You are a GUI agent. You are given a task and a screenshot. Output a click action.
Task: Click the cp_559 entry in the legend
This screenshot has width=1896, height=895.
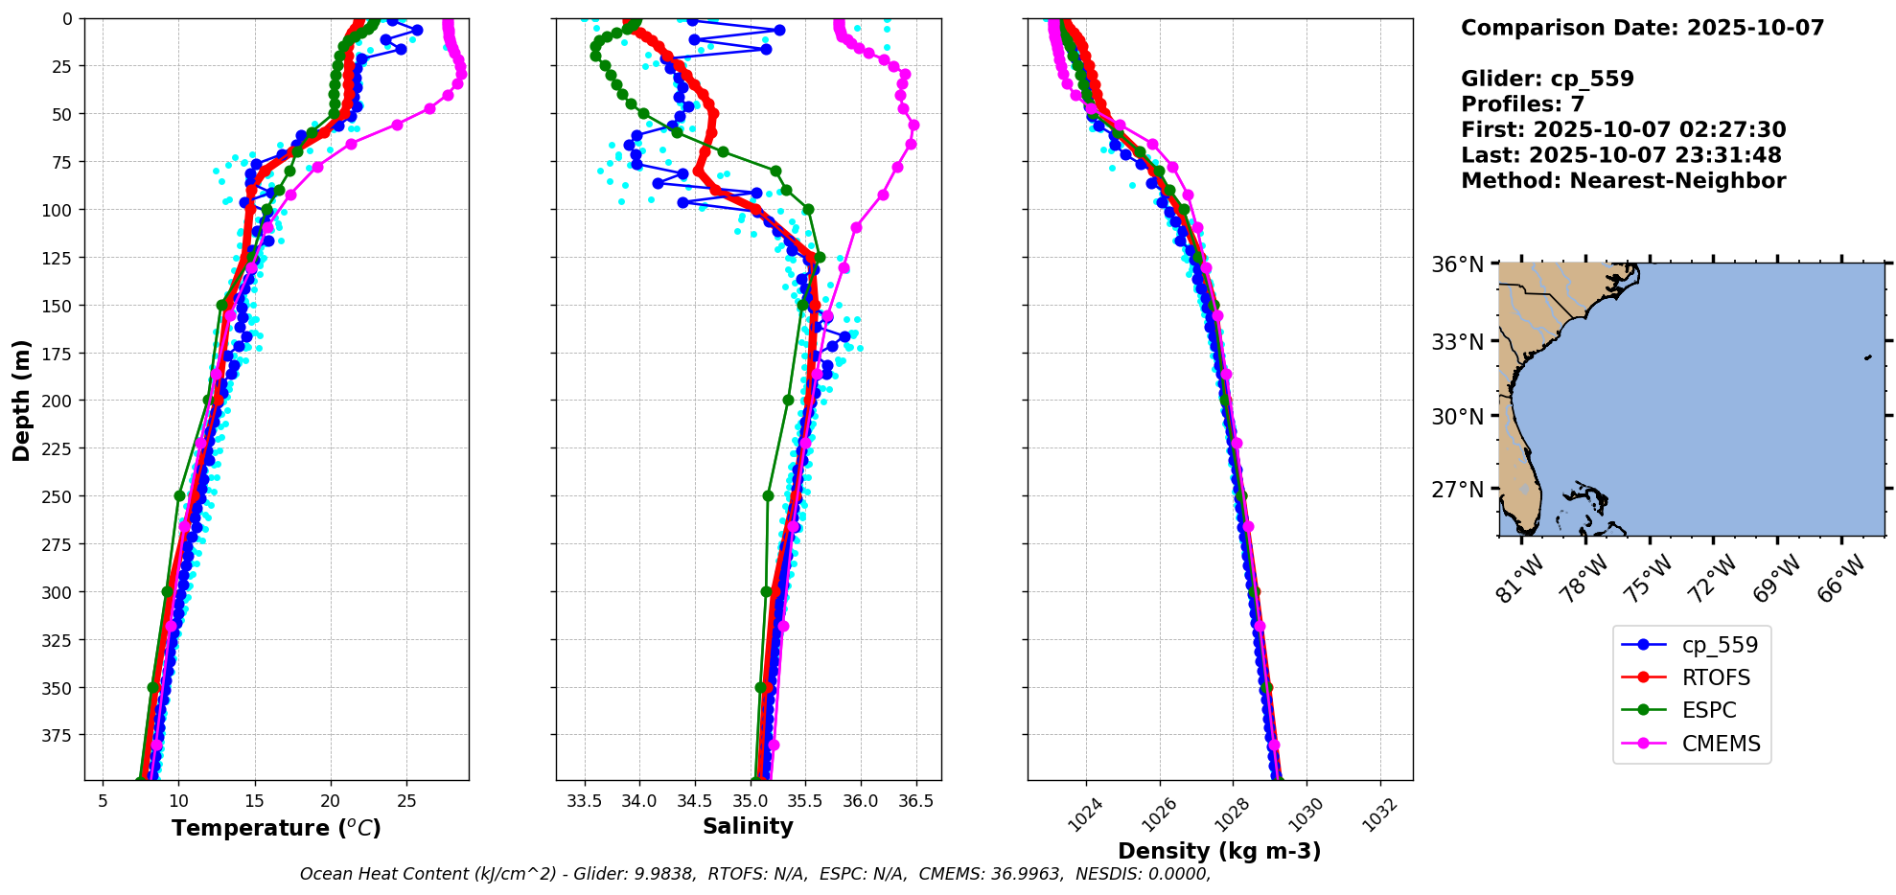pos(1719,645)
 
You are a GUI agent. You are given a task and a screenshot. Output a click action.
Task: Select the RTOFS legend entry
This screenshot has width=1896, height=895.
pos(1715,677)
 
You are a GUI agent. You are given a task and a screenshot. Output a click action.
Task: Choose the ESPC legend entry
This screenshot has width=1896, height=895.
pos(1708,710)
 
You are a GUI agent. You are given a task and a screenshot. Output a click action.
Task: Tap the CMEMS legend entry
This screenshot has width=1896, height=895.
pos(1720,744)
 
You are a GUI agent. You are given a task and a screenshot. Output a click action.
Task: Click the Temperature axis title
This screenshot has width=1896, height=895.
pos(276,828)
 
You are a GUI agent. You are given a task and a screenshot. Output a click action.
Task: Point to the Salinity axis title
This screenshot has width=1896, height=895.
pos(748,826)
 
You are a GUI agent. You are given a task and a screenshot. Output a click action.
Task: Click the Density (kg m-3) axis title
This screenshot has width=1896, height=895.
pos(1219,851)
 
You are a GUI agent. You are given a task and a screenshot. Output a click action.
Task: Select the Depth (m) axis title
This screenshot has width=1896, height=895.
pos(21,400)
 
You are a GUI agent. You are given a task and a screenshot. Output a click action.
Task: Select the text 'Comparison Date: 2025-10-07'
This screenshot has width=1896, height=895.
pos(1642,28)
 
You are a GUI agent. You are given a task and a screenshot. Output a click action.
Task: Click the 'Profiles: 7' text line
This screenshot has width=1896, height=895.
pos(1522,104)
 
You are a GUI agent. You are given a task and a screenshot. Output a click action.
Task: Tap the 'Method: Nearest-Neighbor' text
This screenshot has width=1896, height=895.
pos(1623,181)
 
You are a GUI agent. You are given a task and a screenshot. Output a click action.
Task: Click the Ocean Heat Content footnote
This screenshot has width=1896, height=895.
pos(755,874)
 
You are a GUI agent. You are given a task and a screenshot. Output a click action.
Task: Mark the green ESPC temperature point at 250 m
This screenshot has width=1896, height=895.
pos(179,495)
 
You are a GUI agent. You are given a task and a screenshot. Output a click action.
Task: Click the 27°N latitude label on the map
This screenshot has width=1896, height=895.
pos(1457,490)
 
